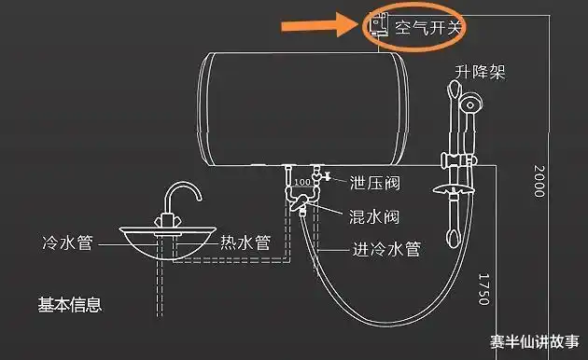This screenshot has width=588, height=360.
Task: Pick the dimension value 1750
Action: (483, 288)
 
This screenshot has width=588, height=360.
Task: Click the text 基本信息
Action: (68, 304)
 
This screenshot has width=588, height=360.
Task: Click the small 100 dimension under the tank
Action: (301, 181)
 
